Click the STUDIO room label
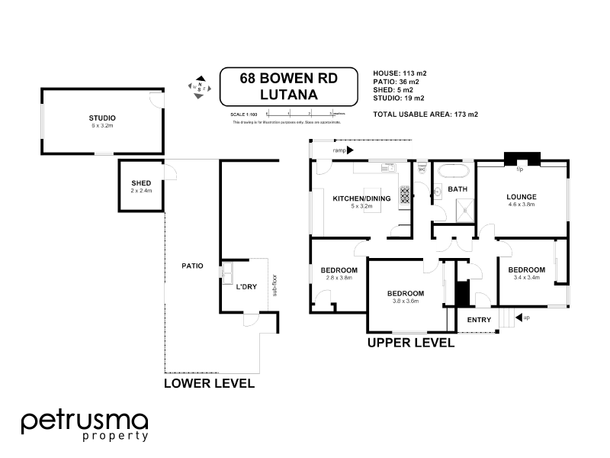pyautogui.click(x=101, y=118)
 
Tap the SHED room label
pyautogui.click(x=141, y=183)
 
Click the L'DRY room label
pyautogui.click(x=246, y=286)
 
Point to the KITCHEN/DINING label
pyautogui.click(x=361, y=199)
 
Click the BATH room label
pyautogui.click(x=457, y=189)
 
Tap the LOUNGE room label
pyautogui.click(x=522, y=196)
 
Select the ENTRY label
pyautogui.click(x=479, y=320)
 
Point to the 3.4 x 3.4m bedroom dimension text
pyautogui.click(x=526, y=278)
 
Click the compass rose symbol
pyautogui.click(x=201, y=85)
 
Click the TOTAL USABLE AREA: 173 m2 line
pyautogui.click(x=425, y=114)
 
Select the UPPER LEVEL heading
pyautogui.click(x=411, y=343)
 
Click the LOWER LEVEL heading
pyautogui.click(x=209, y=383)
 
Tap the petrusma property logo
pyautogui.click(x=84, y=424)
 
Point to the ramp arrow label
pyautogui.click(x=339, y=151)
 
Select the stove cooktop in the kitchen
pyautogui.click(x=404, y=195)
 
